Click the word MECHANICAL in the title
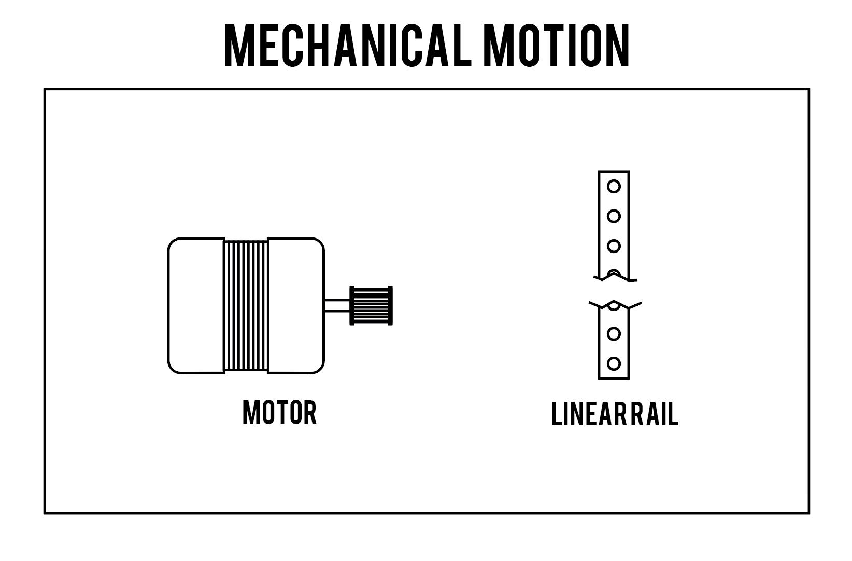[348, 46]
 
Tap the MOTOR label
[279, 412]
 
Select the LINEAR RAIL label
[615, 414]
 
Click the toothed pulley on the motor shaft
[371, 305]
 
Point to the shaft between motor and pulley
[337, 306]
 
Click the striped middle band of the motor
[246, 305]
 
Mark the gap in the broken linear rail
[614, 291]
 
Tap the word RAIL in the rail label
[654, 414]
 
